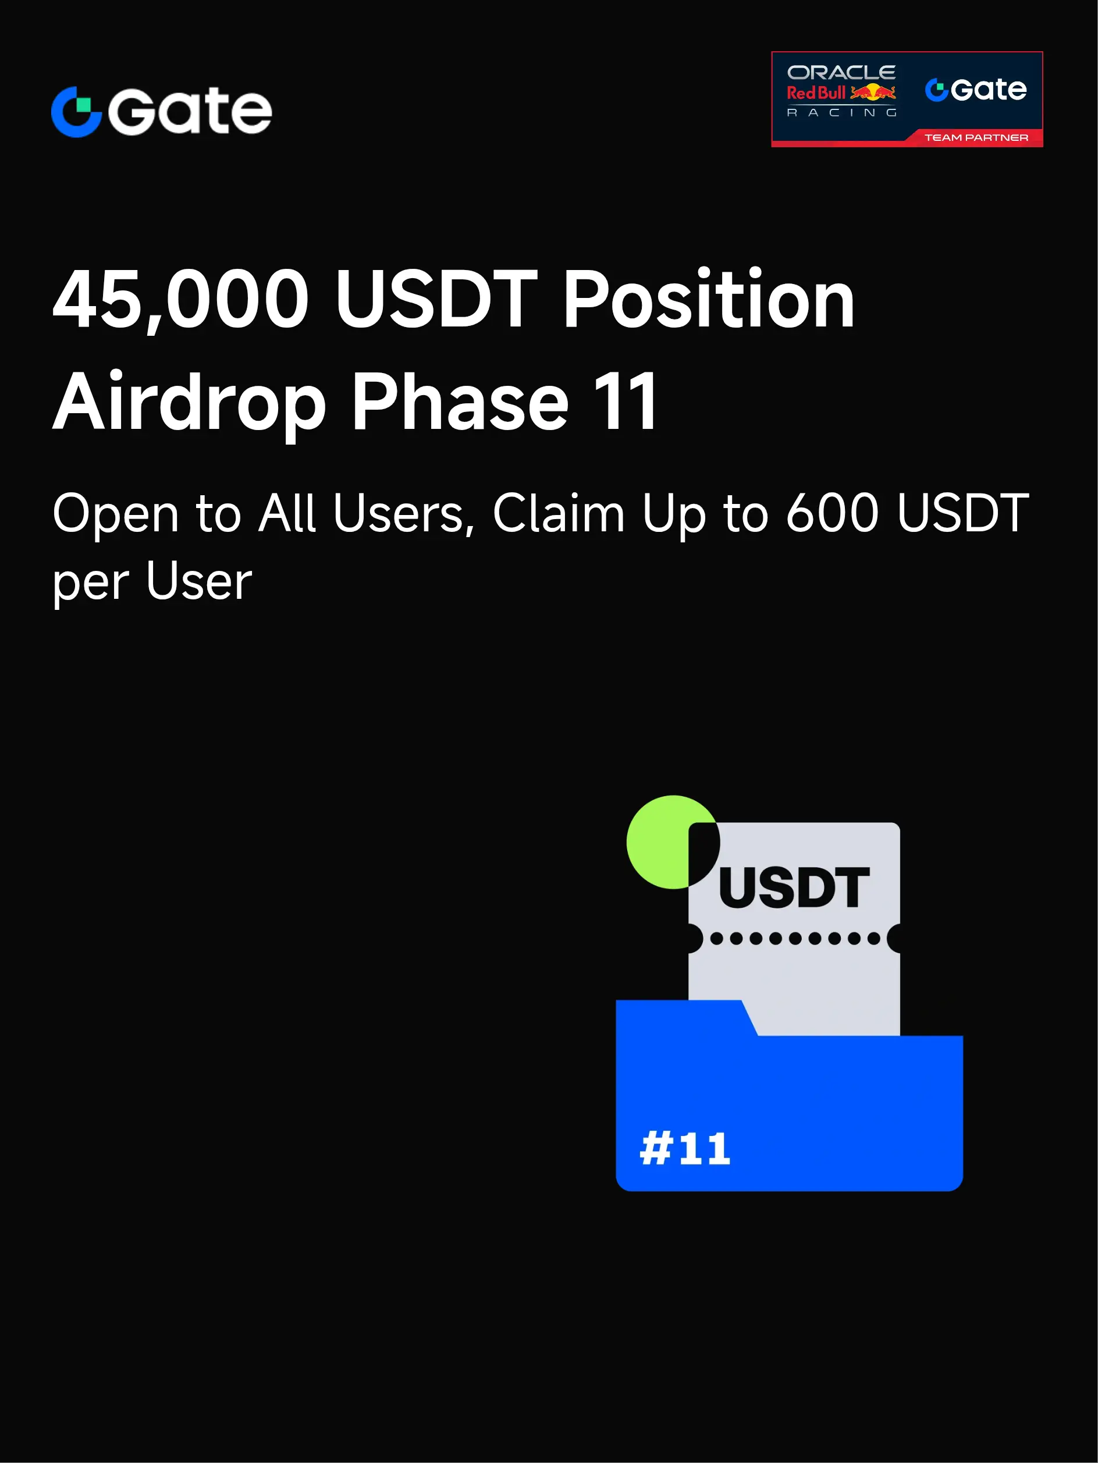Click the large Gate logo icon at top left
pyautogui.click(x=76, y=112)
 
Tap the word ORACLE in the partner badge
pyautogui.click(x=841, y=72)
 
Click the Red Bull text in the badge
pyautogui.click(x=816, y=93)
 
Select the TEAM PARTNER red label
pyautogui.click(x=976, y=137)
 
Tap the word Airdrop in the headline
pyautogui.click(x=189, y=401)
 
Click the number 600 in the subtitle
pyautogui.click(x=832, y=513)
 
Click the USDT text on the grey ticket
pyautogui.click(x=794, y=887)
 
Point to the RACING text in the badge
pyautogui.click(x=841, y=112)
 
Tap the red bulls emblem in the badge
pyautogui.click(x=872, y=92)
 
